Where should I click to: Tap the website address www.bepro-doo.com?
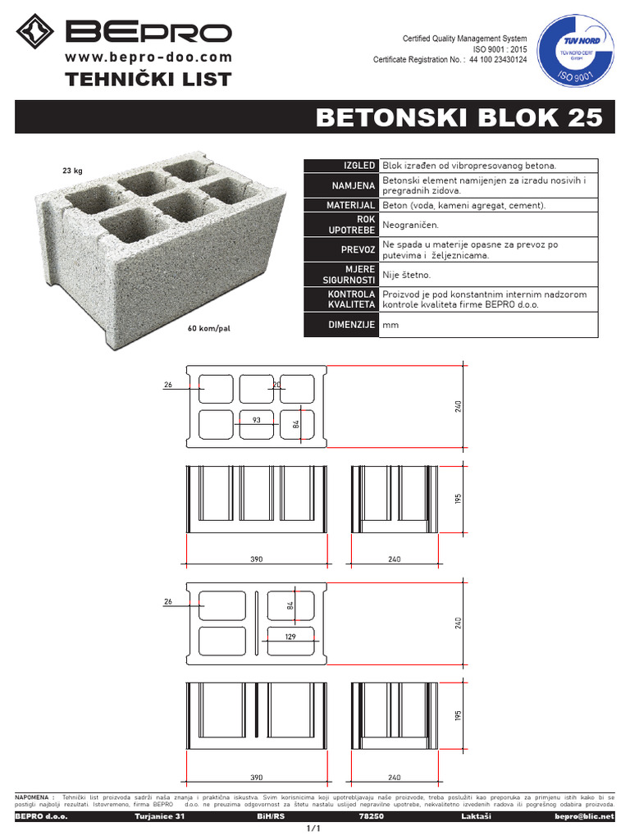pyautogui.click(x=148, y=57)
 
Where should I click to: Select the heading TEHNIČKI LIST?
pyautogui.click(x=148, y=79)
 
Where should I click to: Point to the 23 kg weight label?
pyautogui.click(x=73, y=171)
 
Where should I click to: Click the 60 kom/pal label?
pyautogui.click(x=208, y=328)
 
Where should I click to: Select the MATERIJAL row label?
pyautogui.click(x=351, y=204)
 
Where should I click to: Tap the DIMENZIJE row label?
pyautogui.click(x=351, y=325)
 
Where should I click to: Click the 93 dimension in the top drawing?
pyautogui.click(x=256, y=420)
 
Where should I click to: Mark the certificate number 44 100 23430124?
pyautogui.click(x=498, y=60)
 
